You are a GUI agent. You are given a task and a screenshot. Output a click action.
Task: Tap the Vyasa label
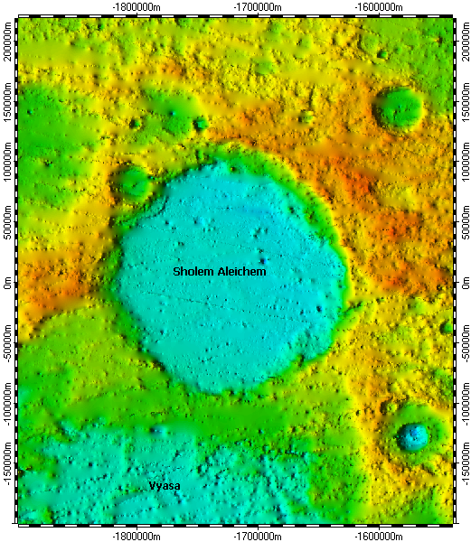point(165,486)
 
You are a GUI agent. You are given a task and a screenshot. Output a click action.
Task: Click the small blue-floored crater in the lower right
point(413,436)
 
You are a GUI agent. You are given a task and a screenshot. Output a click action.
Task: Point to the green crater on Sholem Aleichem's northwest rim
point(132,182)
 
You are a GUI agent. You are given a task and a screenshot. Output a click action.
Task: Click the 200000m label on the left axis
point(7,41)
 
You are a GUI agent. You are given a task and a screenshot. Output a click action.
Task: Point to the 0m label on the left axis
point(7,282)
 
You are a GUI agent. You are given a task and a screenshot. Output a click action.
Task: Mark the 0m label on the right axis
point(463,282)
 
